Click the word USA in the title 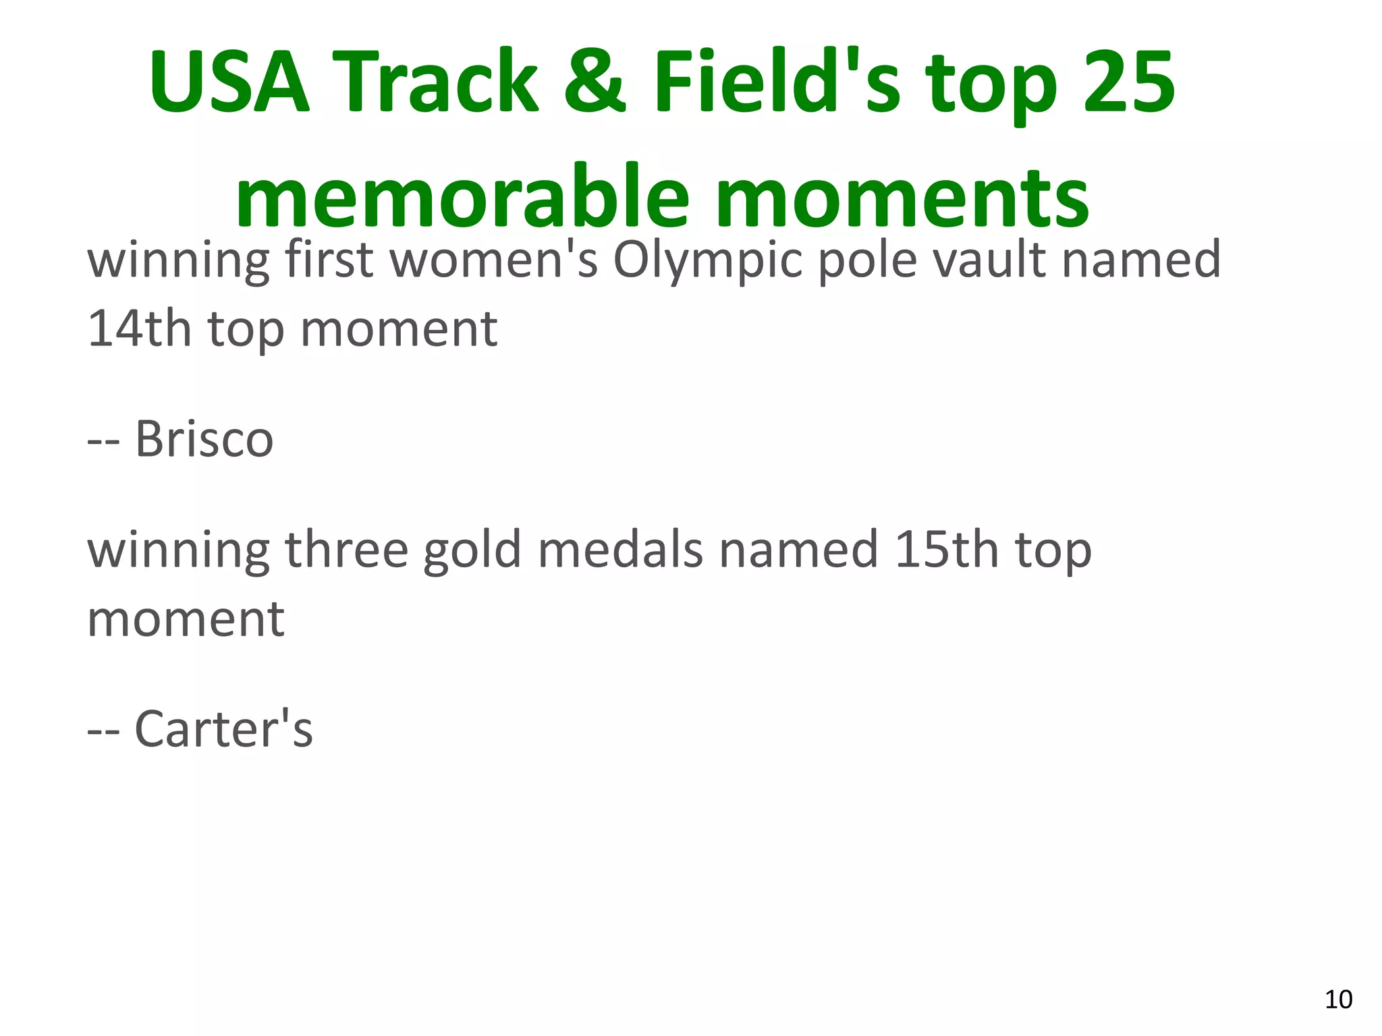229,82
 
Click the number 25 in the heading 1128,82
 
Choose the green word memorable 462,197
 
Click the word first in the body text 329,260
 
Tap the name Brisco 204,439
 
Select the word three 347,550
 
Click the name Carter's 224,729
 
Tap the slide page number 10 1338,1000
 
